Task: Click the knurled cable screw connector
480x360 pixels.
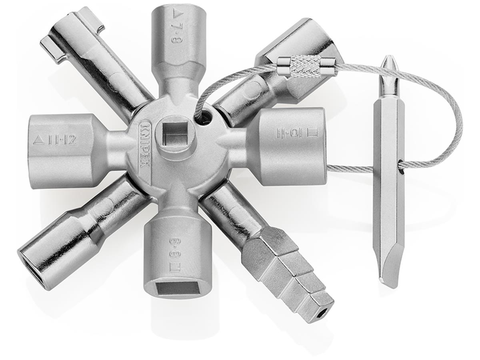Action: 306,64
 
